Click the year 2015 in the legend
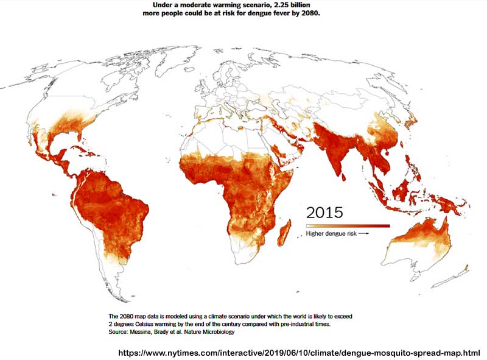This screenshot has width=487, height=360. coord(324,212)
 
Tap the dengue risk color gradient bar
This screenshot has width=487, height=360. coord(348,226)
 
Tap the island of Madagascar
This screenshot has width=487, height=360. coord(283,233)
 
